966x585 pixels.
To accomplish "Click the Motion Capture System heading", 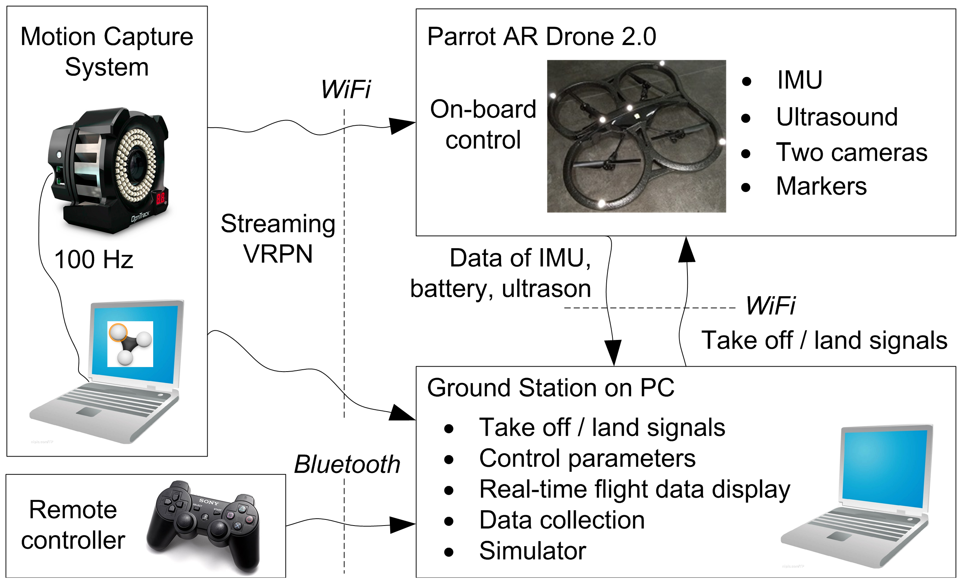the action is pos(107,52).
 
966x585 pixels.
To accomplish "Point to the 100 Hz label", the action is pos(94,260).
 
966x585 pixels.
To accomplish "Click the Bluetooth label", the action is pos(347,465).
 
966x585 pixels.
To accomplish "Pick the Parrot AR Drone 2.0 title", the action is pos(541,37).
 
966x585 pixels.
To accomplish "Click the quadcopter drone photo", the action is pos(636,136).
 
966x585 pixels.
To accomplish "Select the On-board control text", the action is pos(483,124).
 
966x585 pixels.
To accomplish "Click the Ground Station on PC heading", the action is pos(550,388).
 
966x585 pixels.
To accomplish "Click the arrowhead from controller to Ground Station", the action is pos(402,525).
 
